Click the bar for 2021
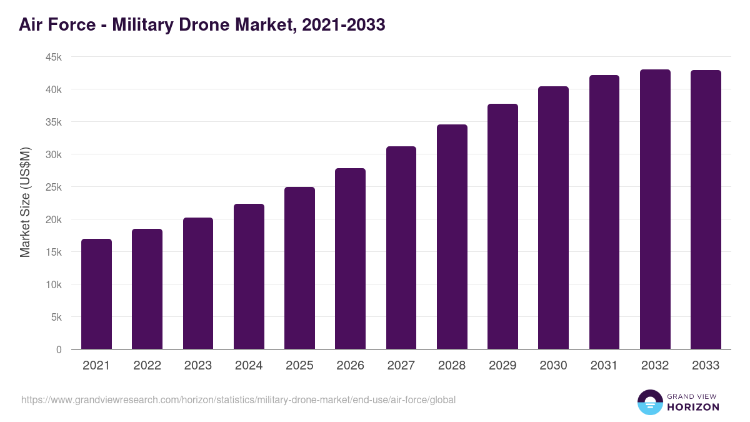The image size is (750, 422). pos(96,294)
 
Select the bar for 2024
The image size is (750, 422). pos(249,276)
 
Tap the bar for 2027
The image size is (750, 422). pos(401,248)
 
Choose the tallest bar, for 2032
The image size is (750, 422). pos(655,209)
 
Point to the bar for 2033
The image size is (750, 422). pos(706,209)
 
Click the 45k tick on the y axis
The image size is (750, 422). pos(53,57)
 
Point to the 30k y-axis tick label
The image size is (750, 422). pos(53,154)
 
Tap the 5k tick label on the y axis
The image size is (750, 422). pos(56,317)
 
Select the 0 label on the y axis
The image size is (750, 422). pos(59,349)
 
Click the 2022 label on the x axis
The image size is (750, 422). pos(147,366)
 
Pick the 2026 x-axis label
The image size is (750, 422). pos(350,366)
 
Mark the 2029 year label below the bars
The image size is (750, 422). pos(502,366)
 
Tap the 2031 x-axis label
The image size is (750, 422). pos(604,366)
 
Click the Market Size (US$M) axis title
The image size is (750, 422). pos(25,203)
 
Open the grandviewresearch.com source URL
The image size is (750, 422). pos(238,399)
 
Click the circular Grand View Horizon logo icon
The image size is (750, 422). pos(649,402)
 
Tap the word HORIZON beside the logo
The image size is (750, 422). pos(693,407)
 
